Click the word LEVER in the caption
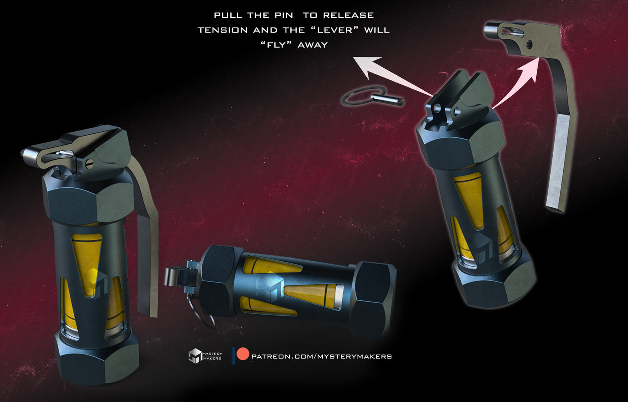pyautogui.click(x=335, y=30)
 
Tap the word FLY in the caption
pyautogui.click(x=276, y=45)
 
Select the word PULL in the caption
pyautogui.click(x=229, y=15)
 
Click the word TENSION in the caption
pyautogui.click(x=223, y=30)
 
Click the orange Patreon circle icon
pyautogui.click(x=243, y=354)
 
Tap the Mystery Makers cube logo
pyautogui.click(x=195, y=355)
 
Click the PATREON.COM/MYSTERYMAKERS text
pyautogui.click(x=322, y=356)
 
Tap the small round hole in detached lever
pyautogui.click(x=529, y=44)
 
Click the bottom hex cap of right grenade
pyautogui.click(x=495, y=285)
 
